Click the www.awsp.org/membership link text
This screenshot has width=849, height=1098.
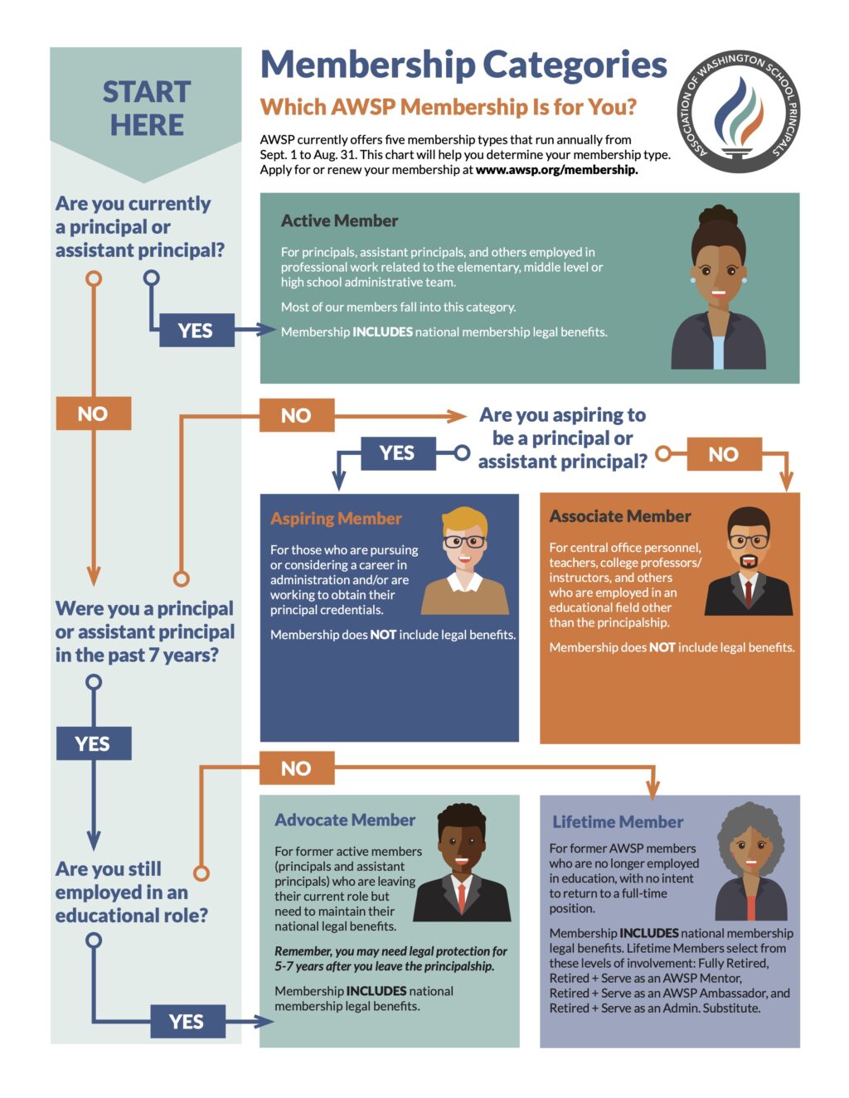pyautogui.click(x=556, y=170)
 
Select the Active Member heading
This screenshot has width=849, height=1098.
pyautogui.click(x=339, y=220)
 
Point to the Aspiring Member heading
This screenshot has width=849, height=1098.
pyautogui.click(x=336, y=519)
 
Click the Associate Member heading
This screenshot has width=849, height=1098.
pyautogui.click(x=619, y=516)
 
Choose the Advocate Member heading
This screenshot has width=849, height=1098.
pyautogui.click(x=345, y=820)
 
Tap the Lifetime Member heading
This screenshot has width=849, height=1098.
pyautogui.click(x=618, y=822)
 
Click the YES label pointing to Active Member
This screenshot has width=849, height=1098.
pyautogui.click(x=195, y=331)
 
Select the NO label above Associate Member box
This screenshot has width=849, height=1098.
pyautogui.click(x=723, y=454)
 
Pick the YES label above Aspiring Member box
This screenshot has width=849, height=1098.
pyautogui.click(x=396, y=452)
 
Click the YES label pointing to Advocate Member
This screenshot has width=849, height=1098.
pyautogui.click(x=187, y=1022)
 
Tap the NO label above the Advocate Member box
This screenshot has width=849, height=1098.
pyautogui.click(x=296, y=768)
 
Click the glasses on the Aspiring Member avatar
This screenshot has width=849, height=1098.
pyautogui.click(x=464, y=542)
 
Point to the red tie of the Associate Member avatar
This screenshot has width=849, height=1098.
pyautogui.click(x=748, y=593)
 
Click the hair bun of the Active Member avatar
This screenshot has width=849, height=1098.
pyautogui.click(x=717, y=217)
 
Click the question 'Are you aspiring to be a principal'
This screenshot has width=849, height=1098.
pyautogui.click(x=563, y=438)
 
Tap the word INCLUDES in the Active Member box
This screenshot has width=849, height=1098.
pyautogui.click(x=382, y=332)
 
